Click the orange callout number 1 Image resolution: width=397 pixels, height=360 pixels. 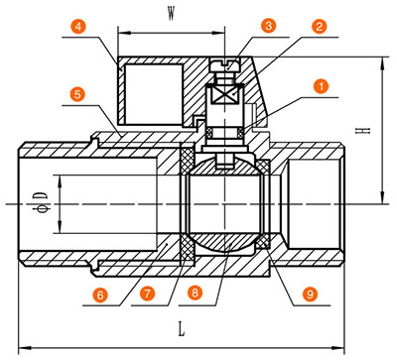pos(321,86)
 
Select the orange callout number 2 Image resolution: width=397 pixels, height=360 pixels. pos(319,26)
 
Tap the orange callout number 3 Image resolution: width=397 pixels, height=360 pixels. pos(268,25)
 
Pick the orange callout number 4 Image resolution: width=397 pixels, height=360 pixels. pos(78,26)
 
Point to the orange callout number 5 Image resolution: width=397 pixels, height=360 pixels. pos(77,94)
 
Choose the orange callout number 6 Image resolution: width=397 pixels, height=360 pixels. pos(100,295)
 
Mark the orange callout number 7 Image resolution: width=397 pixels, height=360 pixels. pos(147,294)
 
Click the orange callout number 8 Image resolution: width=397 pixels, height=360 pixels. pos(195,293)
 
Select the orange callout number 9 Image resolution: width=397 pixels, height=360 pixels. pos(310,294)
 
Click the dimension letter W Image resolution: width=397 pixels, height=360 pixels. pos(171,14)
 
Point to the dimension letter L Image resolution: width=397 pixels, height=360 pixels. pos(182,329)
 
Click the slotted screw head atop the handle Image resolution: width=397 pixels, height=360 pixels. pos(225,65)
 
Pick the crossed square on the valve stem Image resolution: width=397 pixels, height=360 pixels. pos(225,95)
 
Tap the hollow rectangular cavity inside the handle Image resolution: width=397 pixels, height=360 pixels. pos(154,94)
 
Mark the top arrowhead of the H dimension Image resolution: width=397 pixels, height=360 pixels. pos(383,63)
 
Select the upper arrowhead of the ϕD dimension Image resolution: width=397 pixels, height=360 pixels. pos(60,181)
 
